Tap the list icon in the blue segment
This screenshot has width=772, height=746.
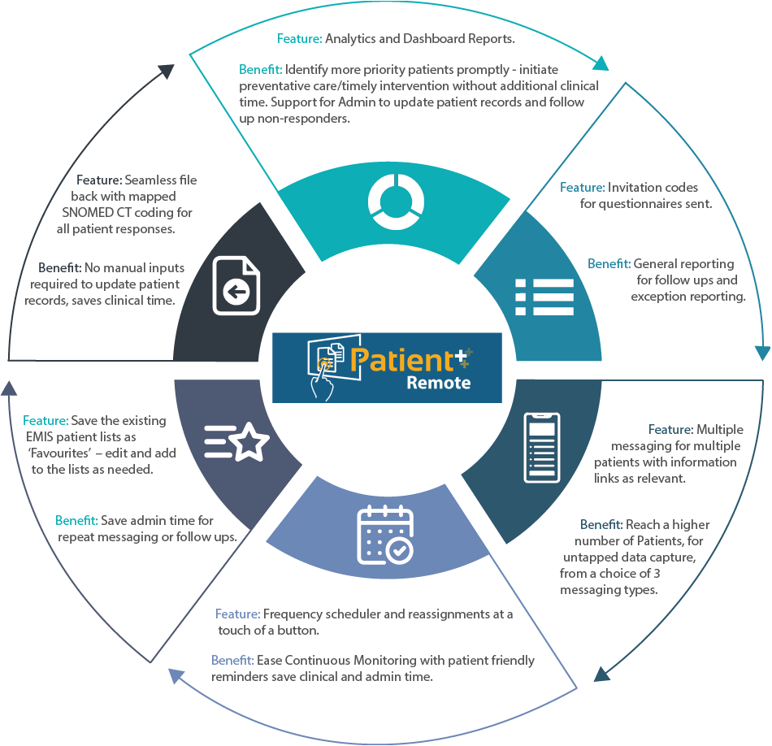pos(544,297)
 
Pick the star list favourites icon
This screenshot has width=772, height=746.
pos(236,442)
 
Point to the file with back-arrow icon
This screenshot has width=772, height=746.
pos(236,286)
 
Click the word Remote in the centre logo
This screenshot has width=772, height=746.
pos(438,382)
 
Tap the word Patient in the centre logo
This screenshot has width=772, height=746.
pos(401,359)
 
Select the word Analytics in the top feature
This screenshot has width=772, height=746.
pos(352,38)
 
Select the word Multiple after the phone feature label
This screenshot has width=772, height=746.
pos(720,429)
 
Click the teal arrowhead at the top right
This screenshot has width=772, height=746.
pos(602,64)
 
